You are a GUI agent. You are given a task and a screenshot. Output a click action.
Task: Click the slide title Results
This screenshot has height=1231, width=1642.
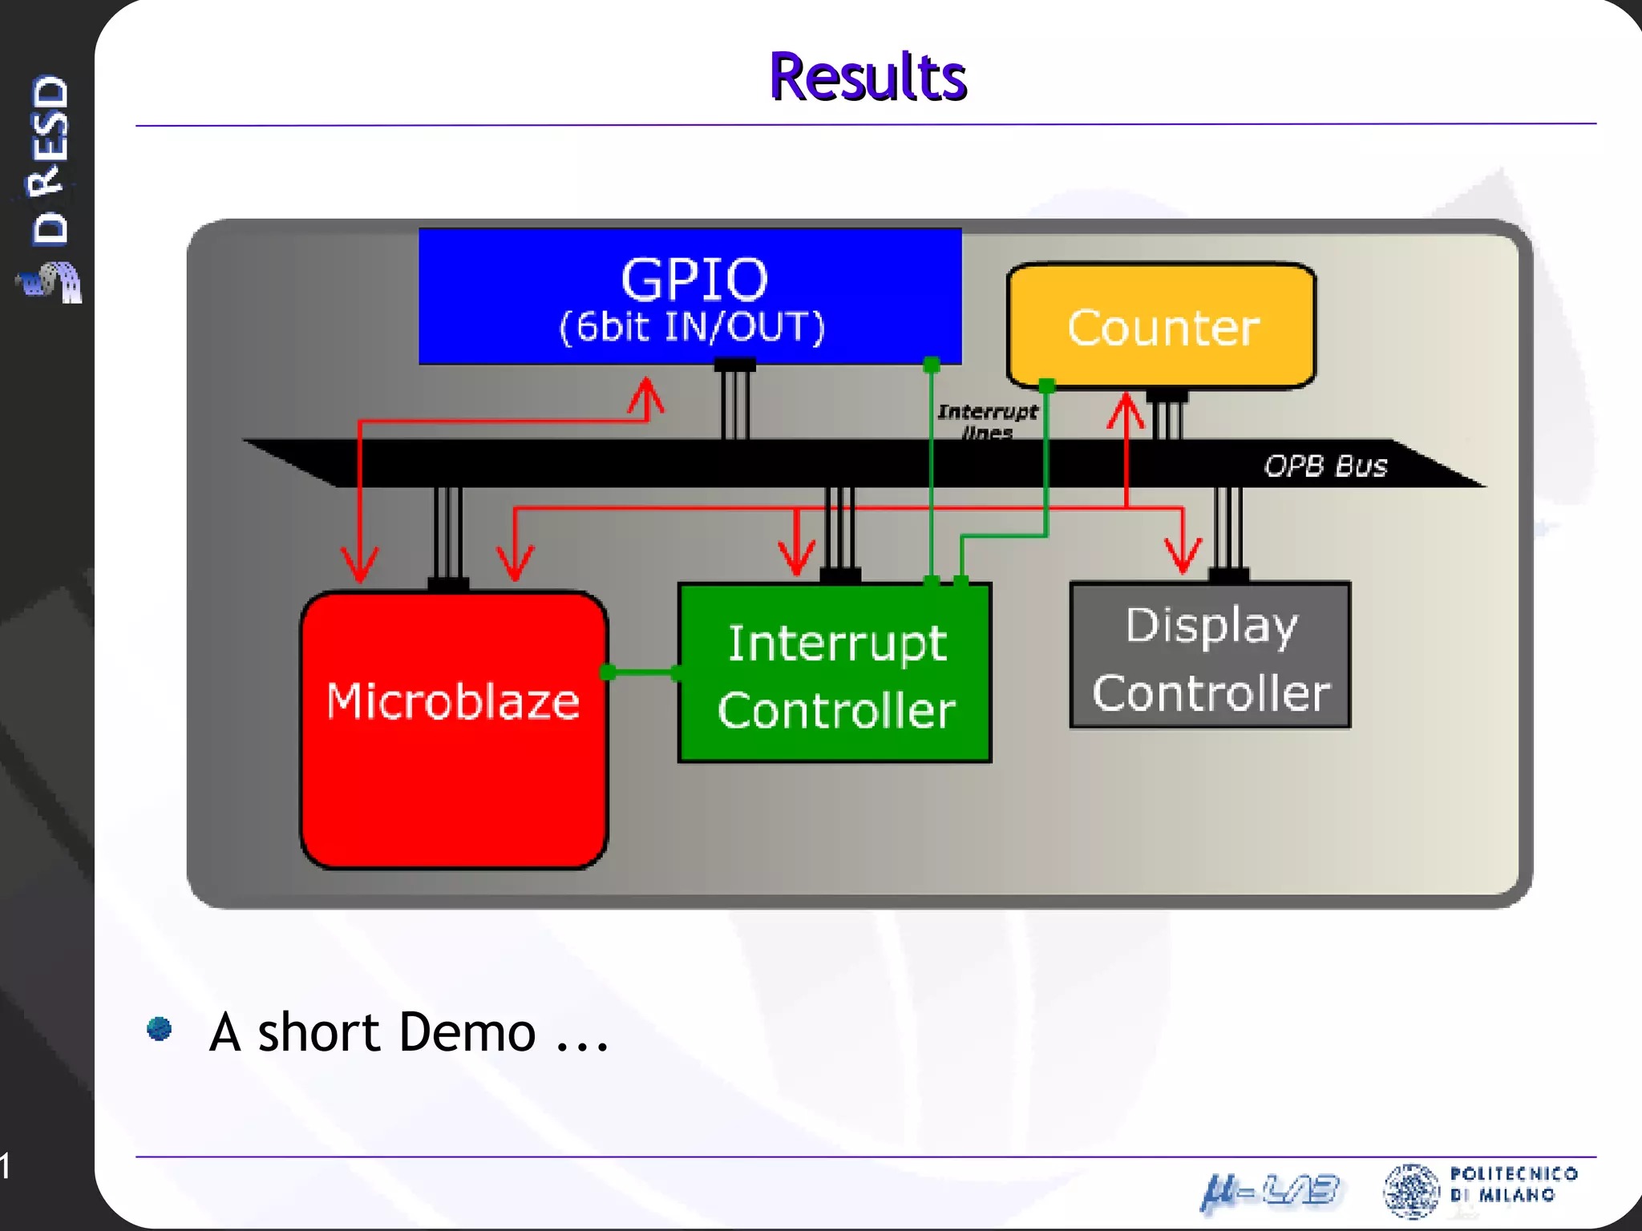coord(868,77)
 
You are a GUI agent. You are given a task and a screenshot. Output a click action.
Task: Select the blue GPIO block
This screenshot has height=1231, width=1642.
coord(690,296)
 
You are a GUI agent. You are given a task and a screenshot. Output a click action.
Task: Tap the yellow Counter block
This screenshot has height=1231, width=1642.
coord(1161,326)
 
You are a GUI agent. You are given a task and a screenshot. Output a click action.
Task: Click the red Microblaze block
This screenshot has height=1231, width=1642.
coord(454,729)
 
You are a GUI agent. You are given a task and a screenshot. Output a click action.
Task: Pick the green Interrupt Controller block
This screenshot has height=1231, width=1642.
coord(835,673)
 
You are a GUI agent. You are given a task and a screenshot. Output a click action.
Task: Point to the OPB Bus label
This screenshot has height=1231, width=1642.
coord(1325,466)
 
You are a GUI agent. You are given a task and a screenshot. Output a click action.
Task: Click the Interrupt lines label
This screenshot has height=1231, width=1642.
coord(987,421)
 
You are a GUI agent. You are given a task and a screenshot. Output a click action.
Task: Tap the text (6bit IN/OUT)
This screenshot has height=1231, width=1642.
coord(691,327)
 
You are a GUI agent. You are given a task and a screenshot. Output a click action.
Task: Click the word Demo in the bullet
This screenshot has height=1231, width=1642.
coord(467,1032)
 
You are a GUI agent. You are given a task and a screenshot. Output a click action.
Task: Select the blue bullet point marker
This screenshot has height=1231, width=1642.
coord(160,1028)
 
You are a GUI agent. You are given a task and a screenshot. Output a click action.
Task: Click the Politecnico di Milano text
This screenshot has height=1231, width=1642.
coord(1514,1185)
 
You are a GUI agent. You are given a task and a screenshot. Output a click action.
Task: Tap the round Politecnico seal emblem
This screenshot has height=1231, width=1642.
coord(1411,1190)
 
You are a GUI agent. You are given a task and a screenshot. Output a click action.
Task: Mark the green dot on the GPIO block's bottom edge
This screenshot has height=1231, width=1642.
coord(931,365)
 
